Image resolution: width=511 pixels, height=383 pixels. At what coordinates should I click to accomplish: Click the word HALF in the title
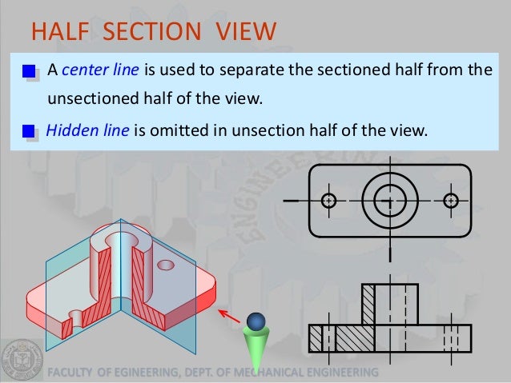pos(55,32)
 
